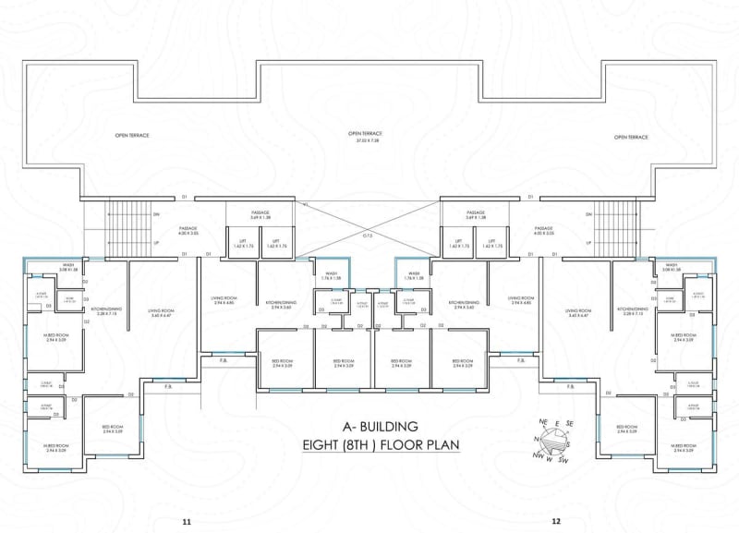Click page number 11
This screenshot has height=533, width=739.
[187, 522]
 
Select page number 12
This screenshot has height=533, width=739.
[555, 522]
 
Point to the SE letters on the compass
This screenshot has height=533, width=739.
[570, 424]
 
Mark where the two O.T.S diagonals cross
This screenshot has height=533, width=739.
[367, 222]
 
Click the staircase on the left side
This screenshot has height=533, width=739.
[120, 227]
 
